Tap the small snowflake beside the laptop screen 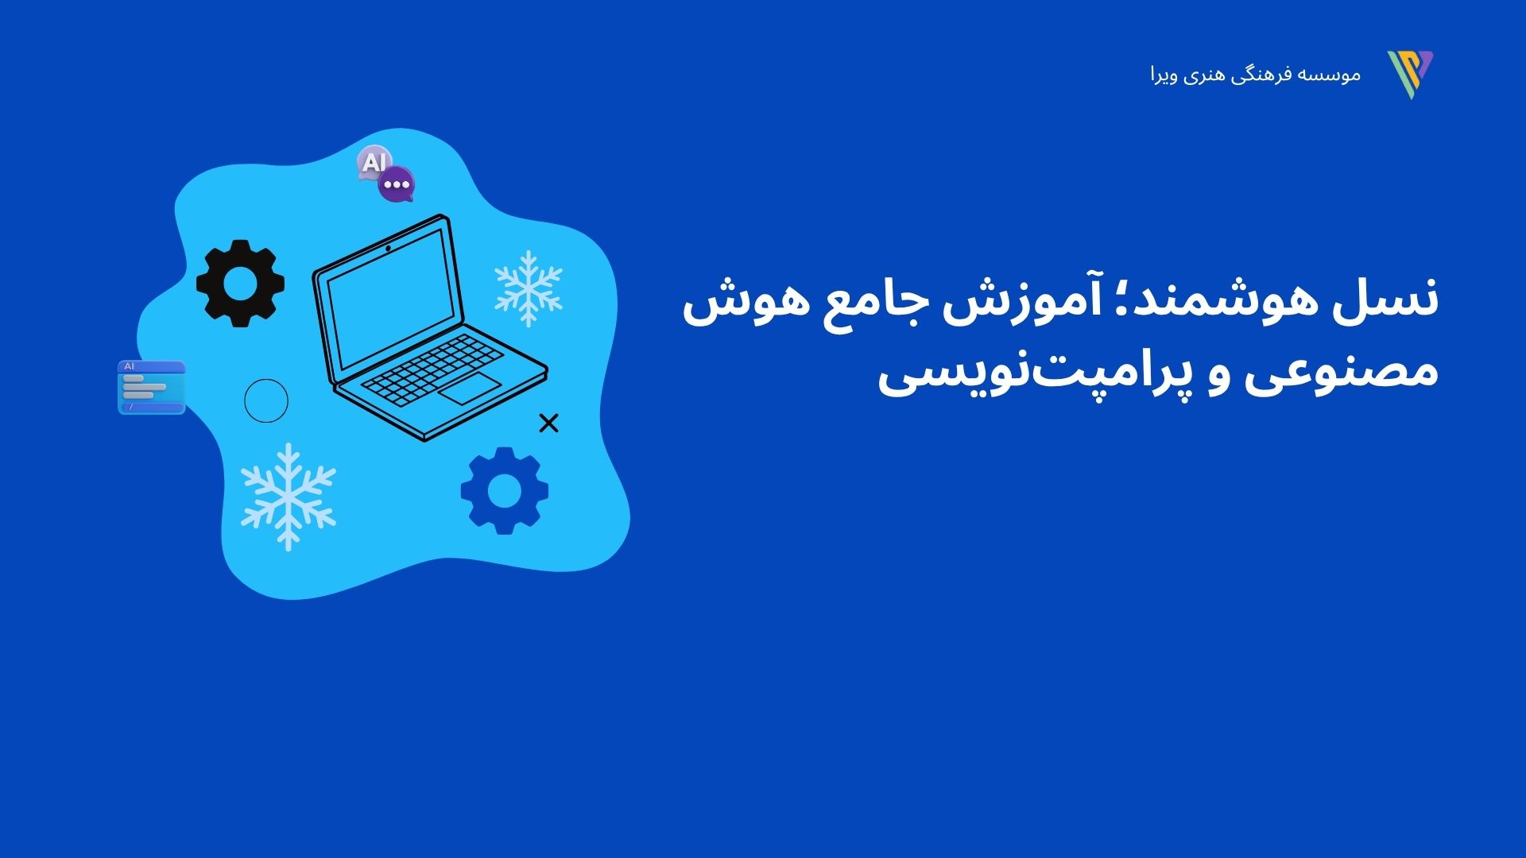(x=529, y=289)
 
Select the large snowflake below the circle (x=288, y=497)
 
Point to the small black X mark (x=548, y=423)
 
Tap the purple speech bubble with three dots (x=396, y=184)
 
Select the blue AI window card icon (x=152, y=387)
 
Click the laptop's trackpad (x=470, y=389)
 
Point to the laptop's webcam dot (x=388, y=249)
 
